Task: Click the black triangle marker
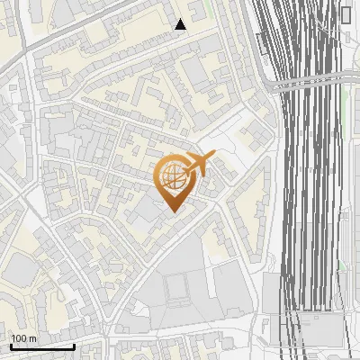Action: pos(181,24)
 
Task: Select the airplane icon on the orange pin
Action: pos(197,165)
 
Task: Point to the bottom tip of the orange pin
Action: pos(173,212)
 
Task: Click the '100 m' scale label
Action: pos(24,338)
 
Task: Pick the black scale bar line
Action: pos(42,346)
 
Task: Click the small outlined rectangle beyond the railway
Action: pos(346,13)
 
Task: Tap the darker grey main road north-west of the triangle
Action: pos(81,27)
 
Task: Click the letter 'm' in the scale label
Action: pos(33,338)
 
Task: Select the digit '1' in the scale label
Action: pos(14,338)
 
